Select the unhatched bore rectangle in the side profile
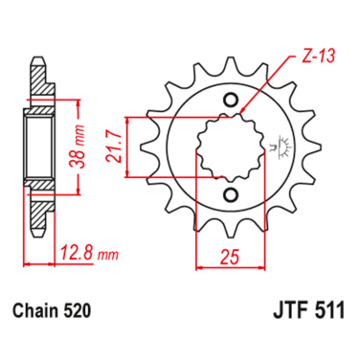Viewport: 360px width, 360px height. (x=40, y=148)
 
